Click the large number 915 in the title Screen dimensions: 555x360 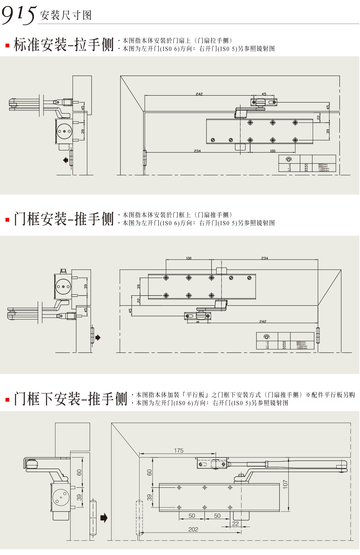19,14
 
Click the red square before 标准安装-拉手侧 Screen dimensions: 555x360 7,46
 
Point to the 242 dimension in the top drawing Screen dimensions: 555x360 199,94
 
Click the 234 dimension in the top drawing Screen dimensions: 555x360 197,151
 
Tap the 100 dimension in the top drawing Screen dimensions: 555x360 273,151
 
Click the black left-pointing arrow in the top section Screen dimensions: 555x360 66,160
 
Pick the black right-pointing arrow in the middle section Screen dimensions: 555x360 98,338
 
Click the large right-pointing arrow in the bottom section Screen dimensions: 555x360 104,518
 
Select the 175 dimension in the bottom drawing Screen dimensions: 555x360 179,450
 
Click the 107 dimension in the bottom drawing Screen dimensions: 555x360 285,484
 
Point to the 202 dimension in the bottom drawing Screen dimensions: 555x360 193,529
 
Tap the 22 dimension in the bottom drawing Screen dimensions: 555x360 235,523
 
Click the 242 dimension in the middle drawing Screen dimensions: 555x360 263,321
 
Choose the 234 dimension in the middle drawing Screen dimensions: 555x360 265,258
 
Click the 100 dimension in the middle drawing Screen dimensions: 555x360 189,258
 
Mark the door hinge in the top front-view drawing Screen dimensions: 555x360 145,158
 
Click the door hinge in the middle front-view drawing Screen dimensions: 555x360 318,335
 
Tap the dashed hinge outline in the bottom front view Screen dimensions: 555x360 139,518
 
